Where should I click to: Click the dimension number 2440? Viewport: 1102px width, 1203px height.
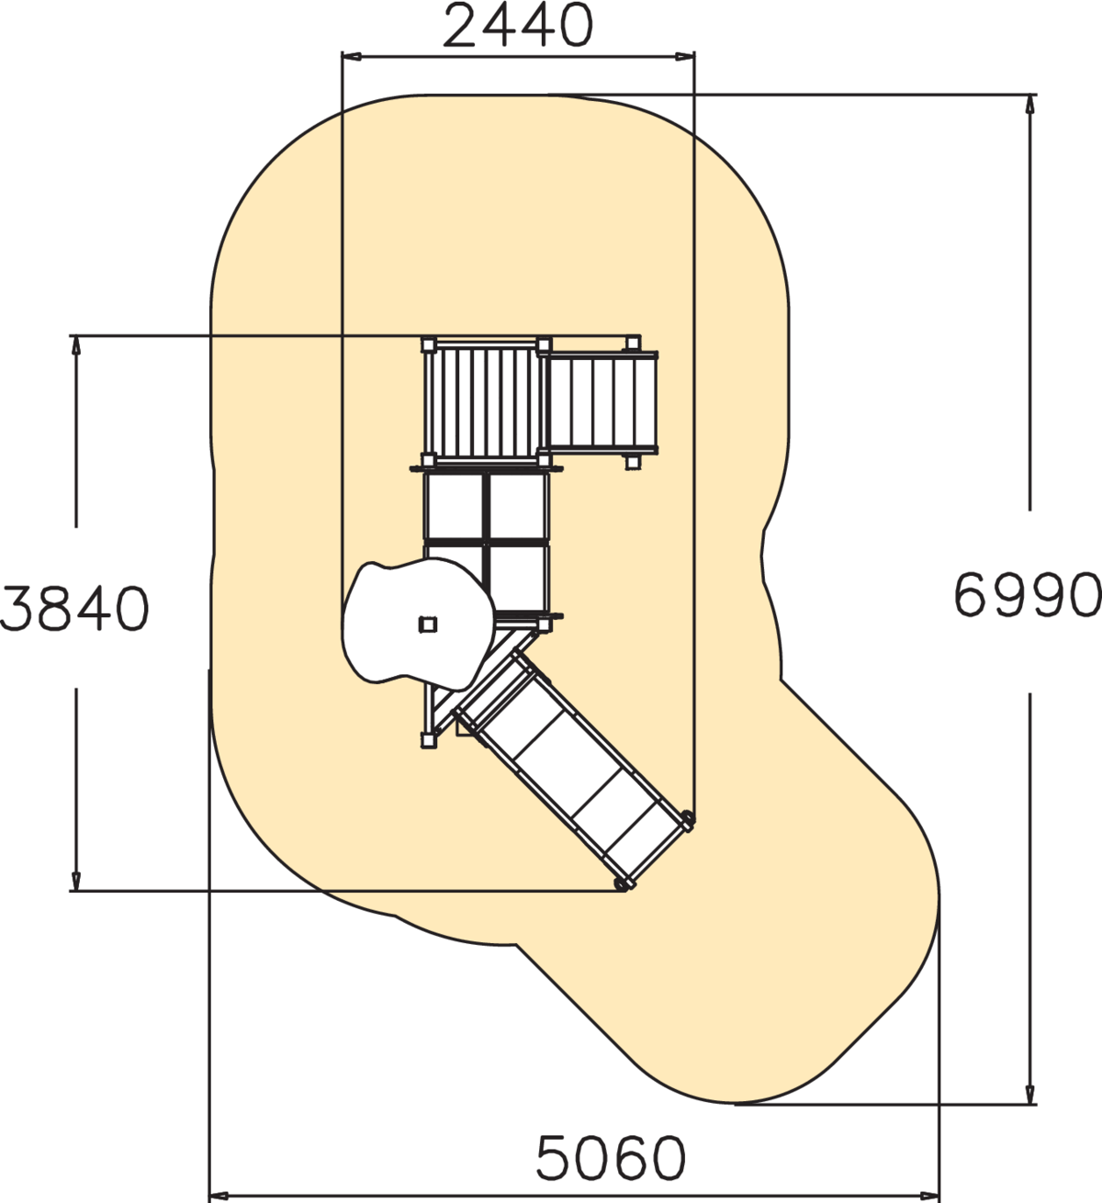click(x=518, y=26)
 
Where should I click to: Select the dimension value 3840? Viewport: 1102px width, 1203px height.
click(x=73, y=608)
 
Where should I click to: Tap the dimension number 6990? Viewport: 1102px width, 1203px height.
click(x=1028, y=595)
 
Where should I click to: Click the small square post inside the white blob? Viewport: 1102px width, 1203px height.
click(x=428, y=624)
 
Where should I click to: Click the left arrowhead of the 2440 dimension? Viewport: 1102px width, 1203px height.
click(x=351, y=56)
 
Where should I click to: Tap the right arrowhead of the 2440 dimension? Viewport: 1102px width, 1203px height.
click(x=684, y=56)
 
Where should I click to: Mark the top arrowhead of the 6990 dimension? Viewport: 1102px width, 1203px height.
click(x=1030, y=105)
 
